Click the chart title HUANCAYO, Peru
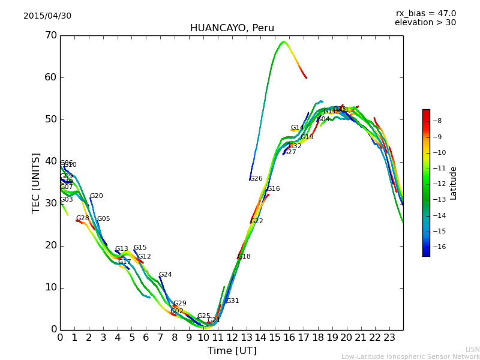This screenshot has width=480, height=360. click(232, 28)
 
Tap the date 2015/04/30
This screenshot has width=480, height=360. click(47, 16)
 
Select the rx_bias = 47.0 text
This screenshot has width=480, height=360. click(425, 14)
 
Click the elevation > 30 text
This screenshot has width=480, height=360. click(425, 23)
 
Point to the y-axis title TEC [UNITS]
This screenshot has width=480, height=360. click(36, 182)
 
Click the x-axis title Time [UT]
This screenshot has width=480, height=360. click(232, 351)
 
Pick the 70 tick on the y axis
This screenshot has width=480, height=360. click(50, 35)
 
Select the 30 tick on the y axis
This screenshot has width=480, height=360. click(50, 203)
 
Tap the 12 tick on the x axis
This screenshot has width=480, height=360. click(232, 338)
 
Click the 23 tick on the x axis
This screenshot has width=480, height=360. click(389, 338)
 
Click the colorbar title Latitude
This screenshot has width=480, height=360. click(454, 183)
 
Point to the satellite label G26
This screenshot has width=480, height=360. click(256, 179)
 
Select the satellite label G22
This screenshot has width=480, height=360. click(257, 221)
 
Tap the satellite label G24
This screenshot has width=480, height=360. click(165, 275)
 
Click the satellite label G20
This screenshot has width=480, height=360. click(96, 196)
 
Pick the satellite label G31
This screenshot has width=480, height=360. click(232, 301)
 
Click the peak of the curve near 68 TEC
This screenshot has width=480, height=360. click(283, 42)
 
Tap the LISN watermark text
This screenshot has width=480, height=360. click(472, 349)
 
